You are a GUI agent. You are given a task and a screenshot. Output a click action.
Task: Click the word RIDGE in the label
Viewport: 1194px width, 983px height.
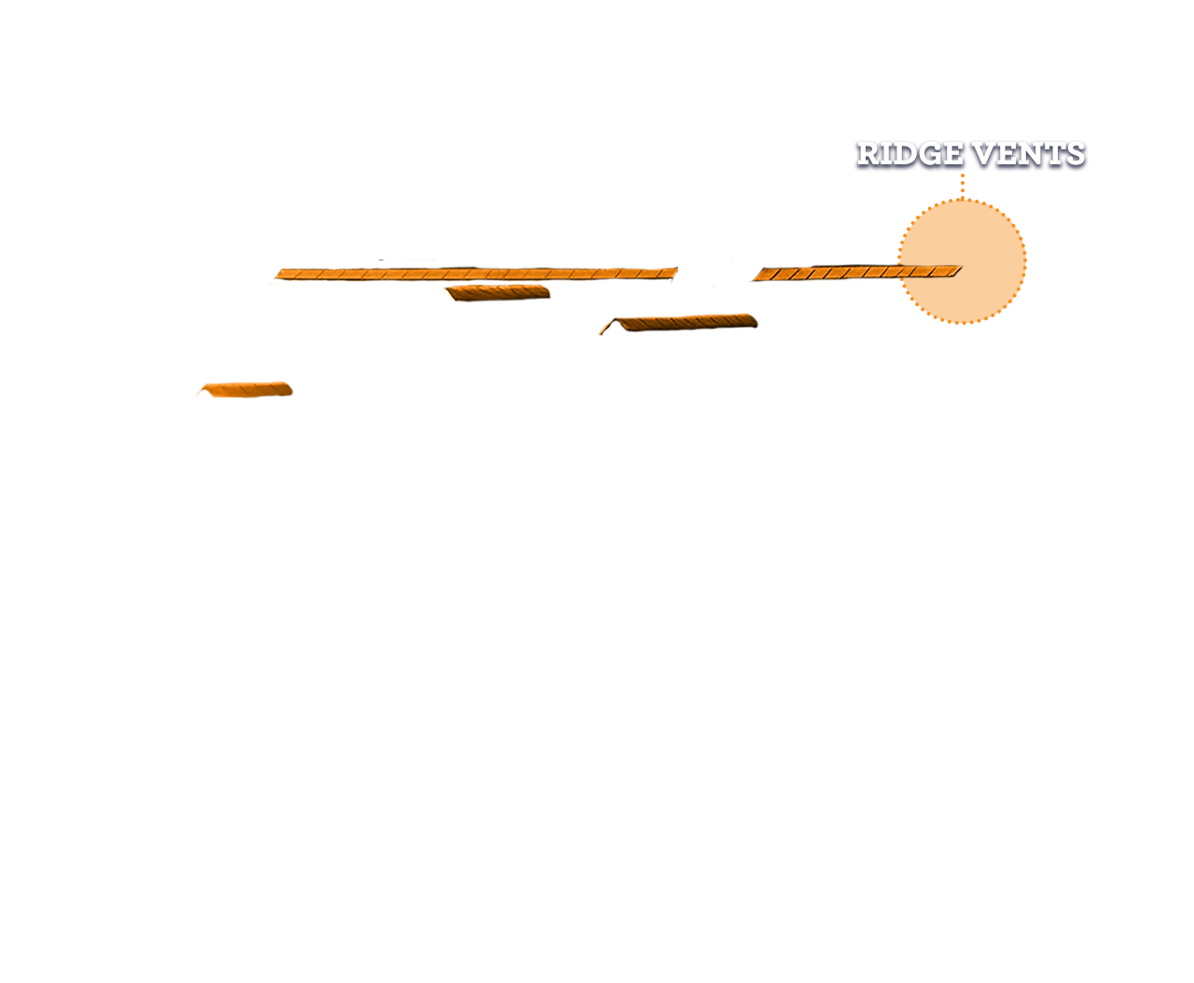point(909,154)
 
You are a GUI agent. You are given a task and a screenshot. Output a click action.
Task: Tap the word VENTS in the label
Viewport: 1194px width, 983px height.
point(1029,154)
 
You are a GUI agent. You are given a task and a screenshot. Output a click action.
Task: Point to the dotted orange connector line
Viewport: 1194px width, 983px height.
point(962,184)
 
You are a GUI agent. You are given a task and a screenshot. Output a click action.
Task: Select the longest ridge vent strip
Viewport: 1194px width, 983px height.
point(476,274)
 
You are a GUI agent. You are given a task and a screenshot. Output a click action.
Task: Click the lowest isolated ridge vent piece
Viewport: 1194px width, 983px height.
point(245,389)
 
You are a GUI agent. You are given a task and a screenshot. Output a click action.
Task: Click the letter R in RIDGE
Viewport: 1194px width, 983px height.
point(868,154)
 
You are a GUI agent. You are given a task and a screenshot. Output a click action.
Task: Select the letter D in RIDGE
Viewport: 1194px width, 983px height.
point(906,154)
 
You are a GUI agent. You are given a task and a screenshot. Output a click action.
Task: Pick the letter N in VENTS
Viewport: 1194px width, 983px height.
point(1030,154)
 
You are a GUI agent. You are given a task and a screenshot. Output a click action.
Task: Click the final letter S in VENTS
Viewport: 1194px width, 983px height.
point(1076,154)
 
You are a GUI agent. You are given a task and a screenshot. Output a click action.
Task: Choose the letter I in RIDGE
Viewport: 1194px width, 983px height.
point(887,154)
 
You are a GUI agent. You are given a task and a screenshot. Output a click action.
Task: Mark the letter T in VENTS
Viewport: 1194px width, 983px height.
point(1054,154)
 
